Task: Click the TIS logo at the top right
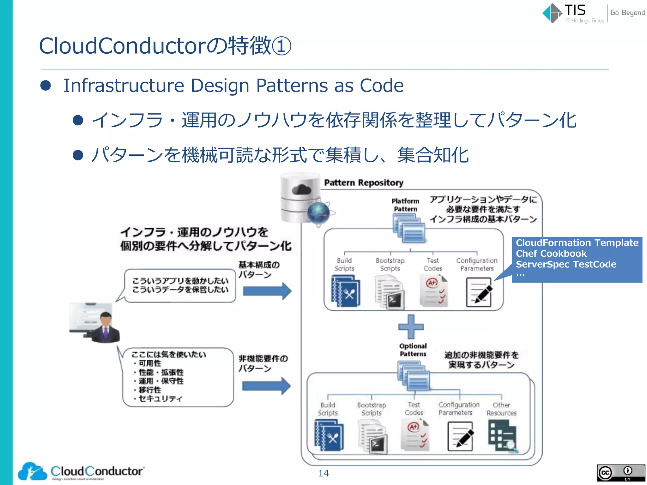[x=565, y=13]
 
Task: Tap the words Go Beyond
[x=627, y=13]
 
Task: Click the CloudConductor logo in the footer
[x=81, y=471]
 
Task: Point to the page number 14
[x=323, y=473]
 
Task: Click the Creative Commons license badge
[x=621, y=473]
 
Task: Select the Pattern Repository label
[x=364, y=183]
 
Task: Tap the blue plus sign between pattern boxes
[x=411, y=327]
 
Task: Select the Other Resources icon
[x=502, y=437]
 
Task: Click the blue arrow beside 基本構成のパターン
[x=267, y=291]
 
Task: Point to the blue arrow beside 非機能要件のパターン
[x=266, y=386]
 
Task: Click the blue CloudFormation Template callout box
[x=577, y=259]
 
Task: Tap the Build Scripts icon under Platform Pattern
[x=346, y=291]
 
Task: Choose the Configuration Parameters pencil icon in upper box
[x=479, y=292]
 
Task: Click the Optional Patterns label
[x=413, y=350]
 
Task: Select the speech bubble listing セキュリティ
[x=178, y=377]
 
